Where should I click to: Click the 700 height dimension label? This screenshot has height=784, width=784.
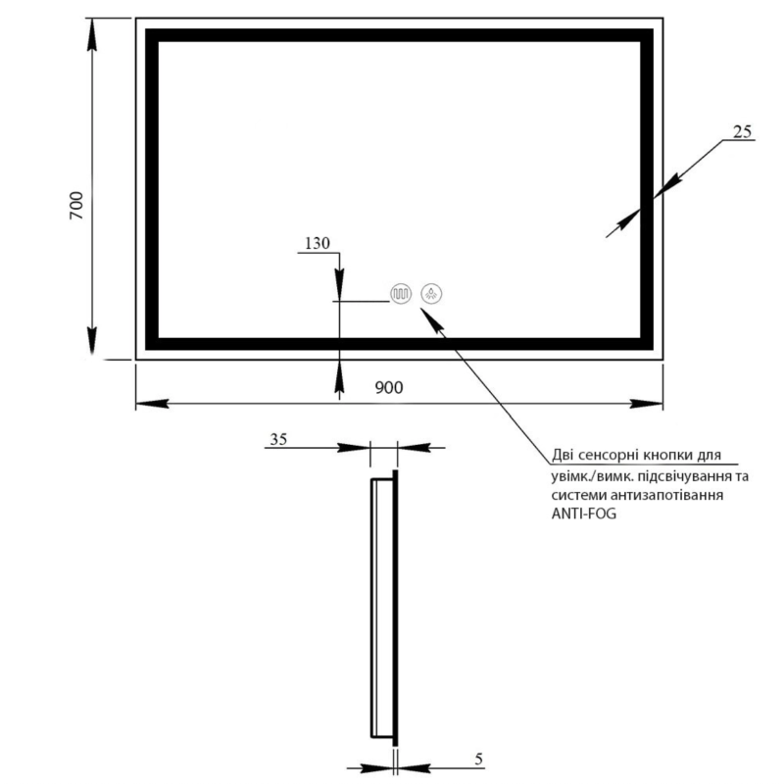[x=76, y=206]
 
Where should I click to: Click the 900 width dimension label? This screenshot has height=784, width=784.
[x=389, y=387]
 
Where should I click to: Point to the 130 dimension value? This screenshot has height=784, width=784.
[x=318, y=243]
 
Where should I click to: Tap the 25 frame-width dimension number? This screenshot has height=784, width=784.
[x=742, y=131]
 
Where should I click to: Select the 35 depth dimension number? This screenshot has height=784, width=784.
[x=278, y=439]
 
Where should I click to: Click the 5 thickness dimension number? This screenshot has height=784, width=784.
[x=479, y=759]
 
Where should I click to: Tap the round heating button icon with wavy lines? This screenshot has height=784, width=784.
[x=401, y=294]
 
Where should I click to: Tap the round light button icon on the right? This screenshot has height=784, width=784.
[x=431, y=294]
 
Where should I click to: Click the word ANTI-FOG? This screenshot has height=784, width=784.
[x=583, y=514]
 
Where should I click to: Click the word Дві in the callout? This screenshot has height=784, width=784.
[x=563, y=455]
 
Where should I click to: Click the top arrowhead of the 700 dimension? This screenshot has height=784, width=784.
[x=91, y=35]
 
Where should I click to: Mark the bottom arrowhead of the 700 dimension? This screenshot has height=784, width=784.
[x=91, y=342]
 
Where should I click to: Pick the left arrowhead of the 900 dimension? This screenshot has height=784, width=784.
[x=153, y=404]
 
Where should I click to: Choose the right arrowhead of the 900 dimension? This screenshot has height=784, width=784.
[x=647, y=404]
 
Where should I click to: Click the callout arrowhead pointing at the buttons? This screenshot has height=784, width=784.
[x=432, y=319]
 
